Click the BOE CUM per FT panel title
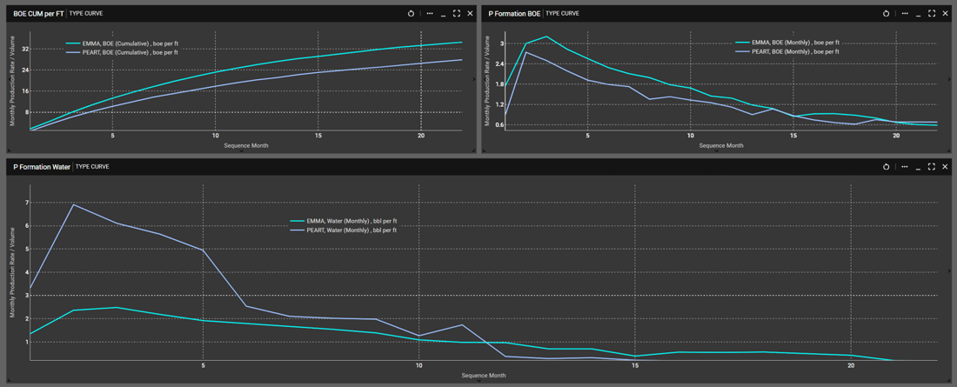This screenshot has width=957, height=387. click(38, 14)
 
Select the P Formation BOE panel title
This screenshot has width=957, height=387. click(514, 14)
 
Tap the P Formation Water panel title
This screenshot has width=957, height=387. click(42, 166)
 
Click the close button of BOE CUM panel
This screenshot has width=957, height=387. click(471, 14)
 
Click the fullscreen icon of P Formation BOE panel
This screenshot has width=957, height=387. click(932, 14)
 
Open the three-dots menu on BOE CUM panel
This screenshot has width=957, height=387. click(429, 14)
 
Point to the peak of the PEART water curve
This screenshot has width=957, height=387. click(73, 204)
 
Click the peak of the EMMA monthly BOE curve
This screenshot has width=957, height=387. click(546, 37)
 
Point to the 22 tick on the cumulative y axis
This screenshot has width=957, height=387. click(26, 49)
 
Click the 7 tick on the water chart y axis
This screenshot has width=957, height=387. click(26, 203)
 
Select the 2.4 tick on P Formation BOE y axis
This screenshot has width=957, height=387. click(499, 63)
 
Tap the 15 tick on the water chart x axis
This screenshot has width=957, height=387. click(634, 366)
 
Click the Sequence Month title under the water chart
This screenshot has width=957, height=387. click(483, 376)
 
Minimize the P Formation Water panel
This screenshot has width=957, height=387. click(918, 166)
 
